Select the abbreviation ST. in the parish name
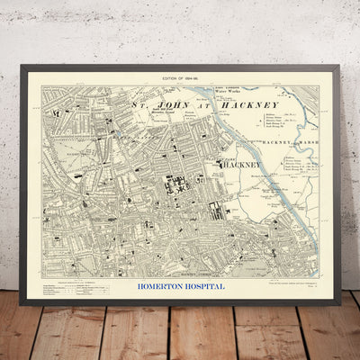pyautogui.click(x=140, y=105)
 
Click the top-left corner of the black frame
pyautogui.click(x=20, y=65)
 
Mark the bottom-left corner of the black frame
pyautogui.click(x=22, y=303)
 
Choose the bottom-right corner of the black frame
pyautogui.click(x=340, y=303)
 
